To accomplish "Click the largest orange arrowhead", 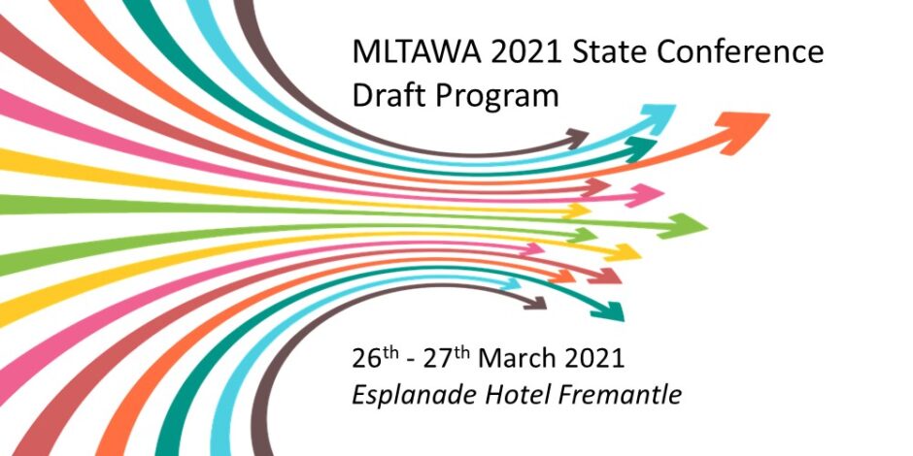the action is click(x=742, y=131).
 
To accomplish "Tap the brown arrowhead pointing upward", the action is click(x=576, y=139).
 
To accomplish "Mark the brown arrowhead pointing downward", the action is click(x=536, y=303).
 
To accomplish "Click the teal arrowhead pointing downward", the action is click(x=608, y=311).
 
